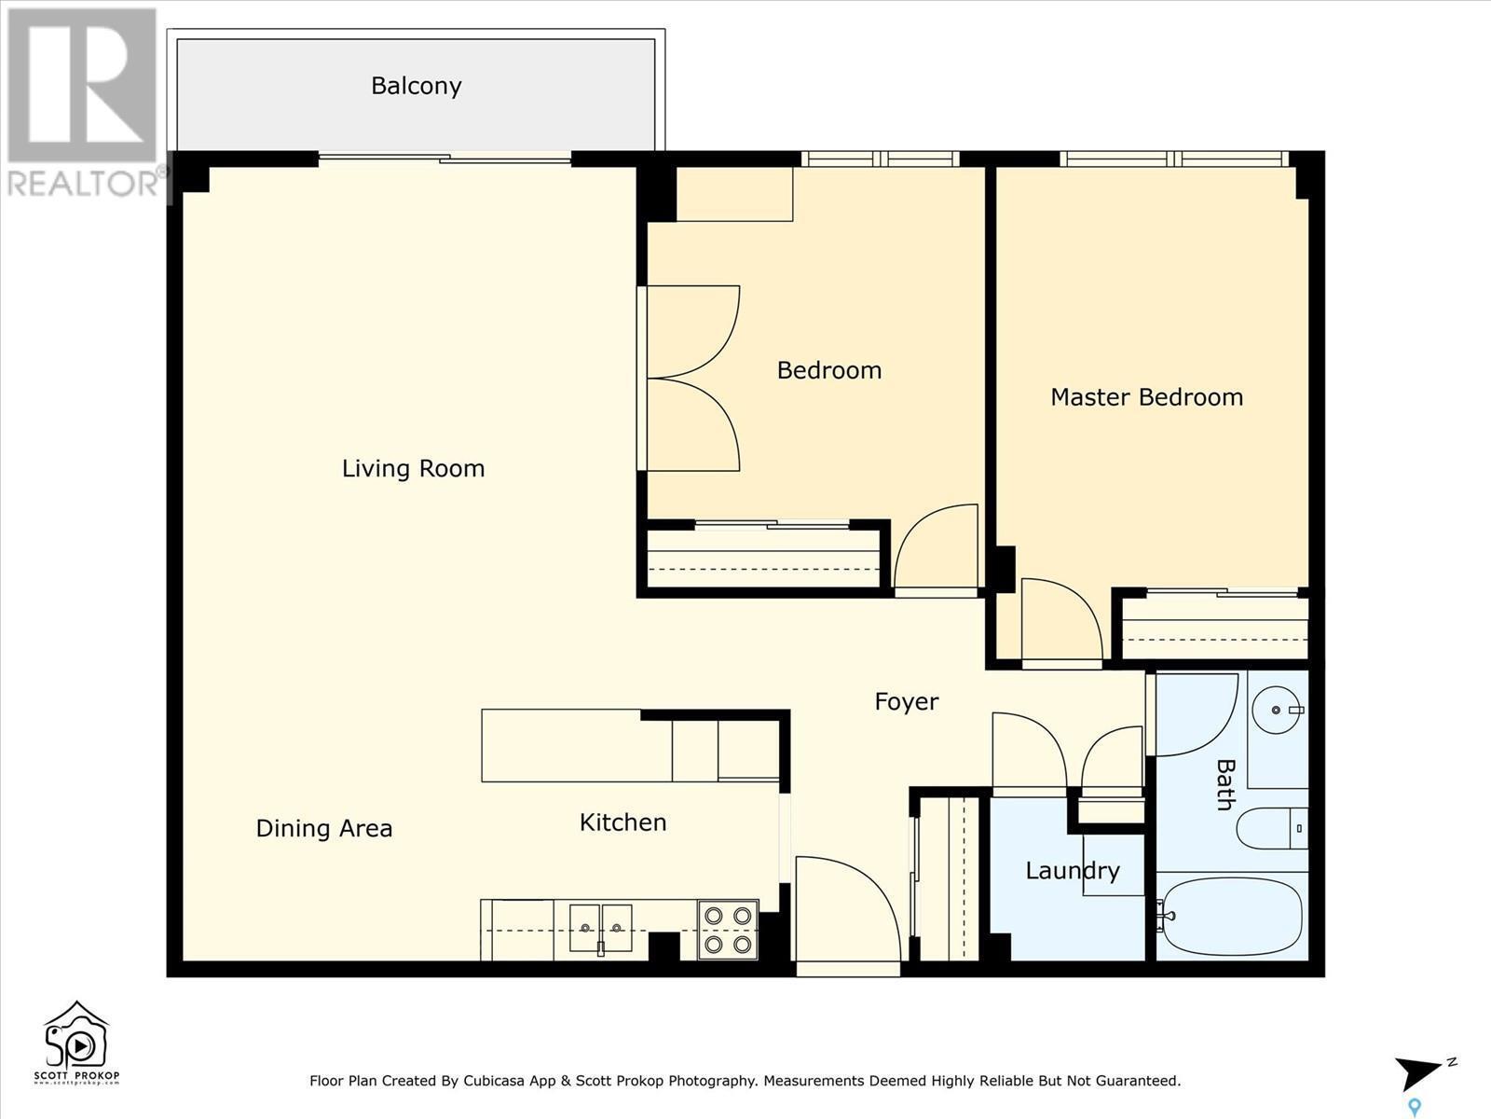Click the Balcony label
pyautogui.click(x=416, y=86)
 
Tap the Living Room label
pyautogui.click(x=413, y=468)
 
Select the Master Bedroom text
pyautogui.click(x=1146, y=397)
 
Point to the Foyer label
pyautogui.click(x=906, y=701)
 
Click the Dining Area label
pyautogui.click(x=323, y=828)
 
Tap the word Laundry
pyautogui.click(x=1072, y=871)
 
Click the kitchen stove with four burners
pyautogui.click(x=728, y=930)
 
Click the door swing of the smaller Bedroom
pyautogui.click(x=937, y=548)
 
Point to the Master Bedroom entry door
pyautogui.click(x=1060, y=620)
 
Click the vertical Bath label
pyautogui.click(x=1224, y=784)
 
